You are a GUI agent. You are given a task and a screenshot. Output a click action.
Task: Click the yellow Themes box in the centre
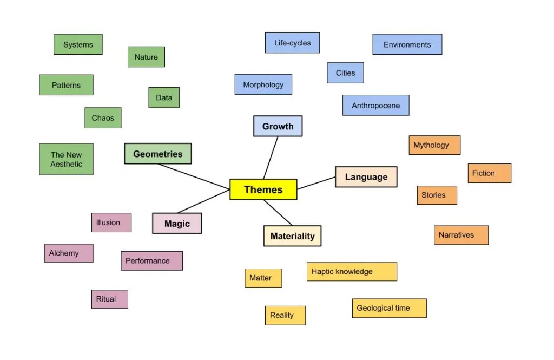click(x=263, y=189)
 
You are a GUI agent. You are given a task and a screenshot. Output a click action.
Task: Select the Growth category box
click(x=278, y=126)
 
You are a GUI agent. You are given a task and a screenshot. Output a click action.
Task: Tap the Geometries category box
click(x=157, y=154)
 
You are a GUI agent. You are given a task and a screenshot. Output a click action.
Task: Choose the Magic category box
click(x=177, y=224)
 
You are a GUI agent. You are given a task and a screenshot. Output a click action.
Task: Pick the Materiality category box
click(x=292, y=236)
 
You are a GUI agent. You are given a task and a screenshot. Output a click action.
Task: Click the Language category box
click(x=366, y=177)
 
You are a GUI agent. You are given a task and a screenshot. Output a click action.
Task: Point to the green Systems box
click(x=78, y=44)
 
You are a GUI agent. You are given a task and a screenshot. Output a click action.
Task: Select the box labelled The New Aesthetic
click(x=66, y=159)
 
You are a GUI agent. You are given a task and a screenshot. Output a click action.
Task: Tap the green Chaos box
click(x=103, y=117)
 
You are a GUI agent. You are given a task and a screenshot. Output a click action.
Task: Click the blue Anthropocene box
click(x=375, y=106)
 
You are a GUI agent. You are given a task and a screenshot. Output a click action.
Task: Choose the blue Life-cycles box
click(x=292, y=43)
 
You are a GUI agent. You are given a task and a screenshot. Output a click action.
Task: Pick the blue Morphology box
click(x=263, y=84)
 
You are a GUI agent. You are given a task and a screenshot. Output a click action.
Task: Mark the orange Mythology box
click(x=434, y=145)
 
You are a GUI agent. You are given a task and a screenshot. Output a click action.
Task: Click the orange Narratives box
click(x=461, y=235)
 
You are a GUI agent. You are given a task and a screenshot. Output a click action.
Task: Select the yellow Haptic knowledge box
click(x=352, y=272)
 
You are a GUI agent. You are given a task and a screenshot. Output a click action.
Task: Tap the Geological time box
click(x=389, y=308)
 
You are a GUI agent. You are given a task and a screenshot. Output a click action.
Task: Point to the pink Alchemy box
click(x=68, y=253)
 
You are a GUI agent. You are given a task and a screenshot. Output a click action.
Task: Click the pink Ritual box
click(x=109, y=299)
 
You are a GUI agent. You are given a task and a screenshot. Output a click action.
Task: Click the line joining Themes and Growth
click(x=271, y=158)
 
